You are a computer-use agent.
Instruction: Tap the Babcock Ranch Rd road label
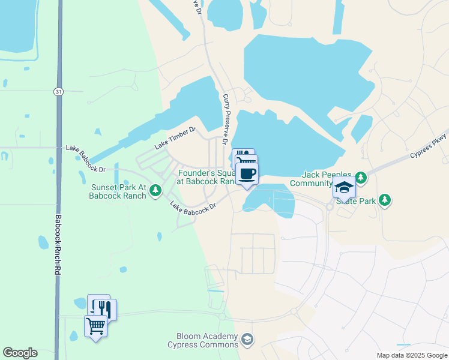pos(58,245)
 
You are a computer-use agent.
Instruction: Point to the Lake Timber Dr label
pos(175,137)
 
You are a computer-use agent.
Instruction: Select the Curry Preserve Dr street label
pos(226,119)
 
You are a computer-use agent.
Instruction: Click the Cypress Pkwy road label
pos(429,145)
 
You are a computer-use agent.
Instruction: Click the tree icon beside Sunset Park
pos(155,190)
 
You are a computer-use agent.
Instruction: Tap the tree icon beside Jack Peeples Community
pos(360,178)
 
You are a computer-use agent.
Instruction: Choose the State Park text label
pos(355,201)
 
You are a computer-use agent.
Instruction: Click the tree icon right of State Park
pos(384,200)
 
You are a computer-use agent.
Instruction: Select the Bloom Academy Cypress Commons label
pos(203,340)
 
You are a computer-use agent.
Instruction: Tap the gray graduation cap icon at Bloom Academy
pos(247,341)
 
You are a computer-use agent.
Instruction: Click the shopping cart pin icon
pos(96,327)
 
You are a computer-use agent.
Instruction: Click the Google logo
pos(20,353)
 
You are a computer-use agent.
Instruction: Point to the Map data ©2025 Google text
pos(411,355)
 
